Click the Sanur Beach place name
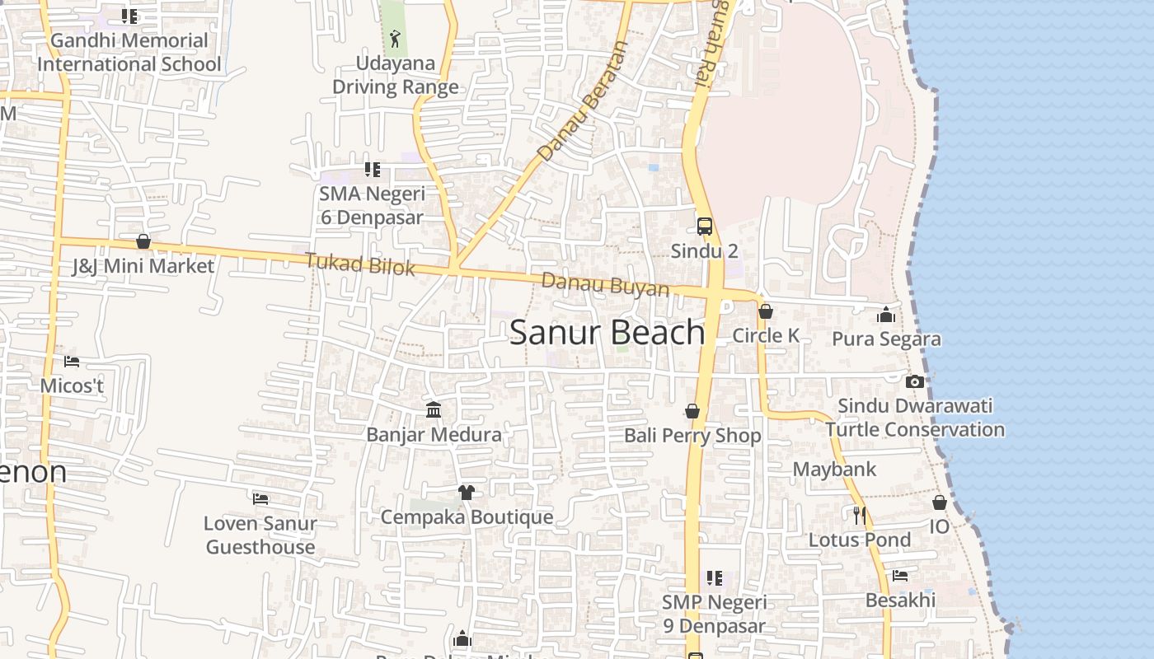[x=607, y=332]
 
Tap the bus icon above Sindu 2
[x=704, y=227]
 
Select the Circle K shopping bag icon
[x=766, y=311]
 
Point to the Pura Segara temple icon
[x=886, y=315]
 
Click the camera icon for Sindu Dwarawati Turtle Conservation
[x=914, y=381]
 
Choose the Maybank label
[x=834, y=470]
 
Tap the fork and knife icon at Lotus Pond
[x=859, y=516]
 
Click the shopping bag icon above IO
[x=940, y=502]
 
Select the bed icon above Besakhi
[x=900, y=576]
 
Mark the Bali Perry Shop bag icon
[x=692, y=411]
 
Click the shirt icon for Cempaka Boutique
[x=467, y=493]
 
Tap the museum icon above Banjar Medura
[x=434, y=409]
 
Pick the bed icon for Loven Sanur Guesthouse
[x=260, y=498]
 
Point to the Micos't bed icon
[x=72, y=361]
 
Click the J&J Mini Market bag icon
[x=143, y=241]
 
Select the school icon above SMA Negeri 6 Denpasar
[x=373, y=170]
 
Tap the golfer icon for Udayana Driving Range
[x=396, y=38]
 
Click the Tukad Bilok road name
[x=359, y=264]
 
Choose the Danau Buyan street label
[x=605, y=284]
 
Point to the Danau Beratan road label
[x=582, y=102]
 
